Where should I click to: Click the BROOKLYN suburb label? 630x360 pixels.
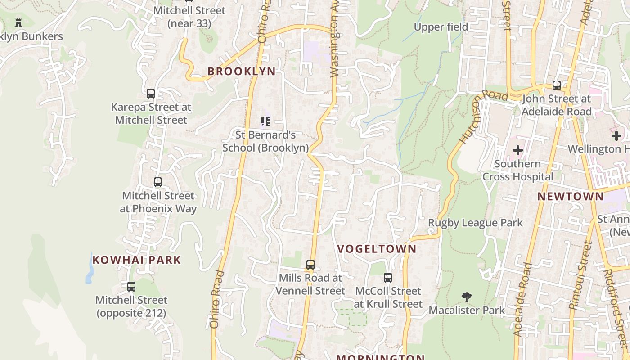(241, 72)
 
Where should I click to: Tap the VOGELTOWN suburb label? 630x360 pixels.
(377, 249)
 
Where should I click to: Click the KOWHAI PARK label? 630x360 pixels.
(137, 260)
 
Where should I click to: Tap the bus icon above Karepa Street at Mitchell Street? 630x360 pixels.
(151, 94)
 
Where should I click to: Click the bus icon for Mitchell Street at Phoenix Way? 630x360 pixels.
(158, 182)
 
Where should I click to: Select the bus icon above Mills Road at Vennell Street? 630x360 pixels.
(310, 264)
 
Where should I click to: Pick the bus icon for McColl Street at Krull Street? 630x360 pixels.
(388, 278)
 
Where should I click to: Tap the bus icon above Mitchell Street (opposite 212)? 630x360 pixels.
(131, 286)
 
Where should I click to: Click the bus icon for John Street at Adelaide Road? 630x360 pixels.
(557, 85)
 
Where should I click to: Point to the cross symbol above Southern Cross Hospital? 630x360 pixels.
(518, 150)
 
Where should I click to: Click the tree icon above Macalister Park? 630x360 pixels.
(467, 297)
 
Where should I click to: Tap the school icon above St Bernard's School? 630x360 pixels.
(265, 121)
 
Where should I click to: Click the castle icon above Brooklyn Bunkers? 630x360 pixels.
(18, 22)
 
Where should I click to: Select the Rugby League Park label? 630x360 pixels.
(475, 223)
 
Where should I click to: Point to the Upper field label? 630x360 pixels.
(441, 27)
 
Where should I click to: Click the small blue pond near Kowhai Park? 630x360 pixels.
(90, 271)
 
